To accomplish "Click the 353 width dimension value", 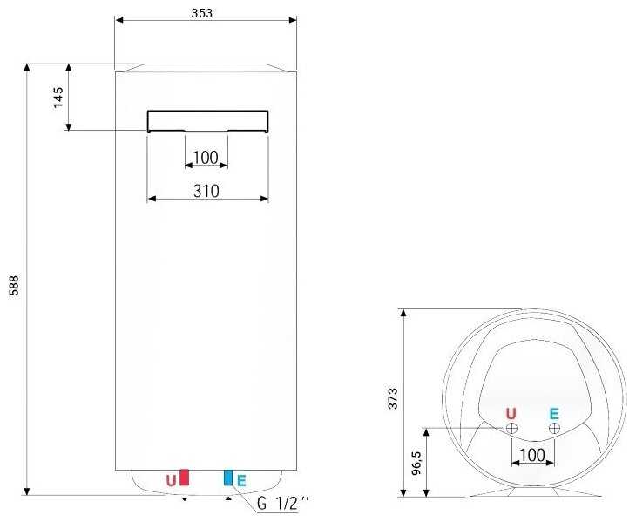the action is coord(201,13).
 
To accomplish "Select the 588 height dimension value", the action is coord(14,285).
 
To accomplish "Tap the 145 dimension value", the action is coord(58,98).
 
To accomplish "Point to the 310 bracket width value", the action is coord(206,191).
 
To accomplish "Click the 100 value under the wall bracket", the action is coord(206,158).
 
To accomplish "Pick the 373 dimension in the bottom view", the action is coord(393,398).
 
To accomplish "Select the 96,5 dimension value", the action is coord(416,463).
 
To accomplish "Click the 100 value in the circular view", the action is coord(531,455).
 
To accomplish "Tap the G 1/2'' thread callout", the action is coord(282,504).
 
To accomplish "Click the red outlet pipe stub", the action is coord(184,478).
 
